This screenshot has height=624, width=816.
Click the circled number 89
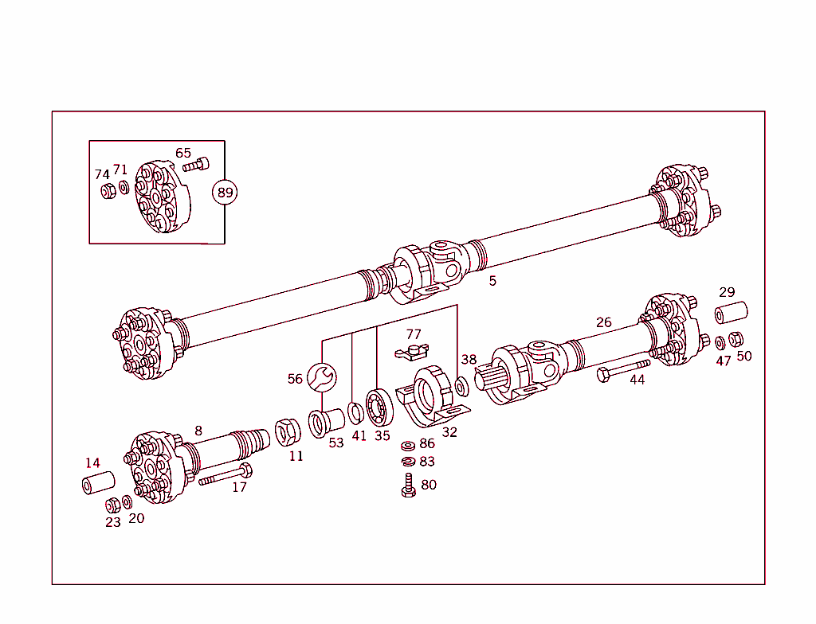tap(226, 192)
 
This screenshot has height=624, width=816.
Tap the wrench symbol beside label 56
tap(323, 376)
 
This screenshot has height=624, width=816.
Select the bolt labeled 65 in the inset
tap(195, 166)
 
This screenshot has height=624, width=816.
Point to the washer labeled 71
tap(123, 188)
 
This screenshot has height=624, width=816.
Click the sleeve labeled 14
tap(98, 482)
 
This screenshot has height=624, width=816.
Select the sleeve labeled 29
tap(730, 312)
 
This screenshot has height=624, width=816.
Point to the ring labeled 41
tap(356, 413)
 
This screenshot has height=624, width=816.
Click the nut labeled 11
tap(287, 432)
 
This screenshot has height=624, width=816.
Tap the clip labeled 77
tap(412, 350)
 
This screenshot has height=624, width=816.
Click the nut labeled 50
tap(737, 339)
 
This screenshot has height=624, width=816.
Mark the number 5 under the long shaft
tap(492, 281)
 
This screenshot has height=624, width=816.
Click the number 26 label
tap(604, 322)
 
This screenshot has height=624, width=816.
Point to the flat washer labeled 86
tap(407, 446)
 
